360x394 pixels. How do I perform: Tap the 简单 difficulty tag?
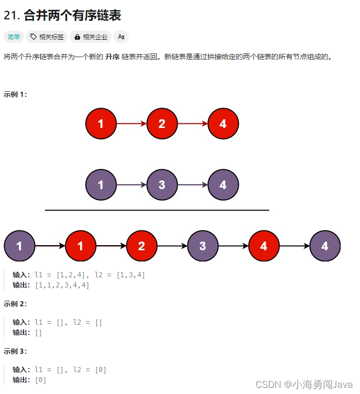point(14,37)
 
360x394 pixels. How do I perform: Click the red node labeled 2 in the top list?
point(162,124)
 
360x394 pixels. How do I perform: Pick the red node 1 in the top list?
point(101,124)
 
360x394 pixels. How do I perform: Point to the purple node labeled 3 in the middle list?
point(162,185)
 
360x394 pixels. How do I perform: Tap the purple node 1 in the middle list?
point(101,185)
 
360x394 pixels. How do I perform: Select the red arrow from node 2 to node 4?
point(192,124)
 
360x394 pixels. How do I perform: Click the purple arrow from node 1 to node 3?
point(131,185)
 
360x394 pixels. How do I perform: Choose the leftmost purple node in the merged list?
point(19,246)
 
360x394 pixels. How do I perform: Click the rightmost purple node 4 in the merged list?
point(325,246)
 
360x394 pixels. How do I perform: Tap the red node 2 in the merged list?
point(142,246)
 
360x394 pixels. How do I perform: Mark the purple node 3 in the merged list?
point(203,246)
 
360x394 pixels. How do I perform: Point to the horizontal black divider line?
point(157,210)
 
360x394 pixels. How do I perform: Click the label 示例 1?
point(15,94)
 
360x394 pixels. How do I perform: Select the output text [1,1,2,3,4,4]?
point(62,285)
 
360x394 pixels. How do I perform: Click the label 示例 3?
point(15,351)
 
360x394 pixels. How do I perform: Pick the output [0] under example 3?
point(40,380)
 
